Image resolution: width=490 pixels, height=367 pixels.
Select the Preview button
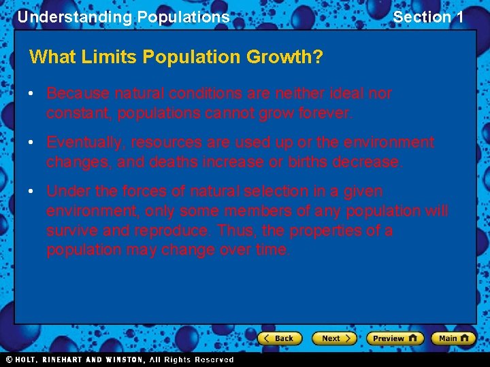click(394, 338)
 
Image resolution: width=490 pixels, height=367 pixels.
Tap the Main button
click(453, 338)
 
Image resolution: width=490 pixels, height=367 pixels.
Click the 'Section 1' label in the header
click(428, 17)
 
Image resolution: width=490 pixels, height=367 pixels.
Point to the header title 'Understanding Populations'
click(123, 17)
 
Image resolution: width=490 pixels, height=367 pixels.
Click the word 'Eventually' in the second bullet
click(85, 142)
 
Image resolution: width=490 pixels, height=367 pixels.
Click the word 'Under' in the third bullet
click(67, 191)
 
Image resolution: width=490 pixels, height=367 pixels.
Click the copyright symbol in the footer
click(9, 359)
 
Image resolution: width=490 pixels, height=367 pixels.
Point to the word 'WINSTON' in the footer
click(123, 360)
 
